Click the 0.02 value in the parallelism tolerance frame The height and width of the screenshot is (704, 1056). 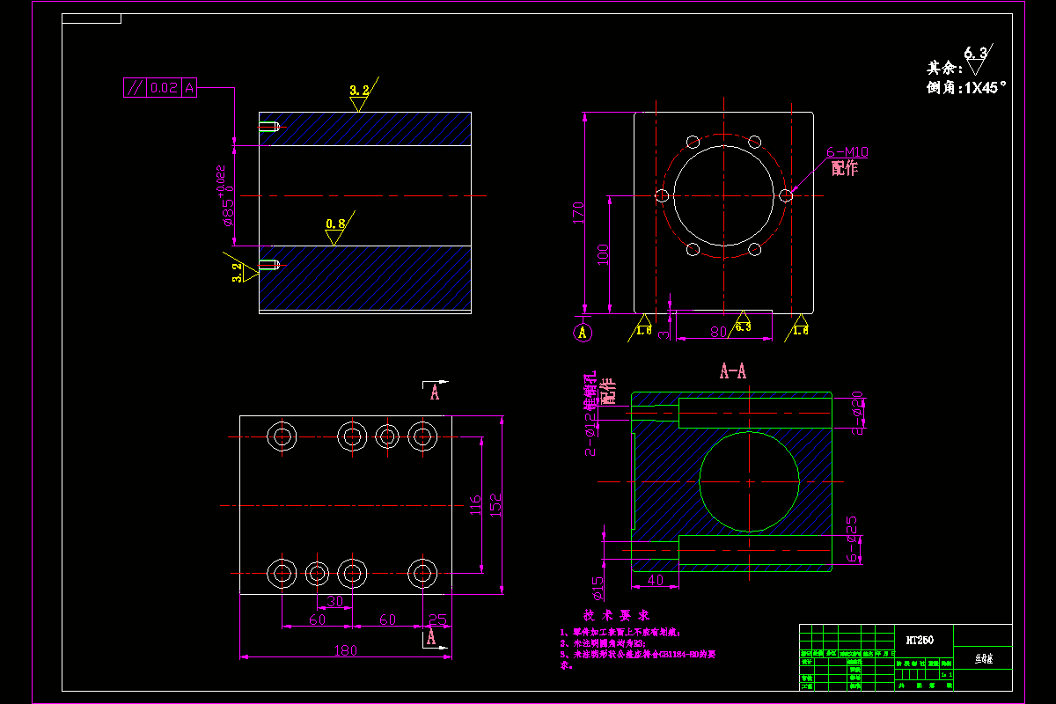[165, 87]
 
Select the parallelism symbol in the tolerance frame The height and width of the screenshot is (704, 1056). [135, 87]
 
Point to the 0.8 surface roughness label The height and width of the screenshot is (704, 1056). [335, 224]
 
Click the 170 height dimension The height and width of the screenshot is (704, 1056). [578, 212]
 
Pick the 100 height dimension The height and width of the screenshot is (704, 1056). [604, 254]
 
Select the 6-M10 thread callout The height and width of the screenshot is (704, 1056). [847, 151]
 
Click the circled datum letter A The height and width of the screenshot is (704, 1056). [582, 332]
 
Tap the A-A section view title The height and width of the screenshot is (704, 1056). [733, 371]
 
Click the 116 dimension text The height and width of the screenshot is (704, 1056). [475, 505]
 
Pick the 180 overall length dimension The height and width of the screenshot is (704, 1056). [345, 650]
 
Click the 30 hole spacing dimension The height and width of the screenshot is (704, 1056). [334, 601]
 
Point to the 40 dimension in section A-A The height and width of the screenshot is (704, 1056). [654, 581]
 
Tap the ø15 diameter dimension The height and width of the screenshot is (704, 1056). [598, 586]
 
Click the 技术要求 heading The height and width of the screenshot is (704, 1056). [616, 614]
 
